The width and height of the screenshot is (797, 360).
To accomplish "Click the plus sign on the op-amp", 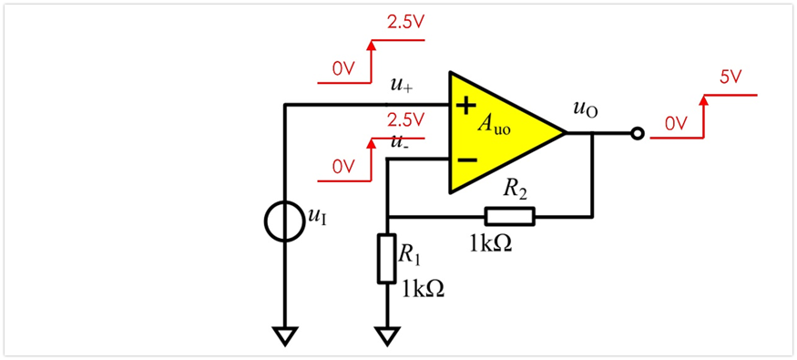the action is (465, 106).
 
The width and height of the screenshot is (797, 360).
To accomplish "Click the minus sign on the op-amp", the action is (467, 160).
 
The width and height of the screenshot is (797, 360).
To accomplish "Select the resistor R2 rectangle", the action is (510, 216).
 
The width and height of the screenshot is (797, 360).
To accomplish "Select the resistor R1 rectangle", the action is (387, 258).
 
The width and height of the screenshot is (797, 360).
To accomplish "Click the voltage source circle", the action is (284, 221).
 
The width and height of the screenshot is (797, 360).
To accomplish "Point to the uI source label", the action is (314, 217).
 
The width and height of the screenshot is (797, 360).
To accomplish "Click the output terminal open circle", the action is (638, 133).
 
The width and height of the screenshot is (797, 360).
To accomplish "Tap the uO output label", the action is (585, 109).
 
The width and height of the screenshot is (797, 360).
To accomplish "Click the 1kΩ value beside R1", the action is (424, 289).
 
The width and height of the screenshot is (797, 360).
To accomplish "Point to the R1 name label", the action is (410, 253).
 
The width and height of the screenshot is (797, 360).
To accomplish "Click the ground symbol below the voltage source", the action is (284, 336).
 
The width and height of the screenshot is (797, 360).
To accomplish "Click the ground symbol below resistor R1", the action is (387, 336).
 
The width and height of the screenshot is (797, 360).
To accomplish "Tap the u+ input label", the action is (402, 85).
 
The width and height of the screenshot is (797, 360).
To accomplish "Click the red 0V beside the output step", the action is (677, 124).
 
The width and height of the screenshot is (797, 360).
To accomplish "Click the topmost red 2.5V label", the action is (405, 22).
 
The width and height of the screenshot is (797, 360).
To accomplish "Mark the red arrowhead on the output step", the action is (704, 100).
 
